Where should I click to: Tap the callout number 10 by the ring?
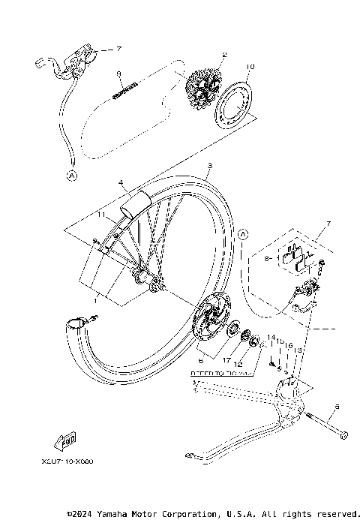tap(250, 67)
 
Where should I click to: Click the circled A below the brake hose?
tap(72, 176)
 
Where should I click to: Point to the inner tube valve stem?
tap(77, 322)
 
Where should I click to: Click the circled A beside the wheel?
tap(242, 234)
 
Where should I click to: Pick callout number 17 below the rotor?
tap(226, 360)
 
